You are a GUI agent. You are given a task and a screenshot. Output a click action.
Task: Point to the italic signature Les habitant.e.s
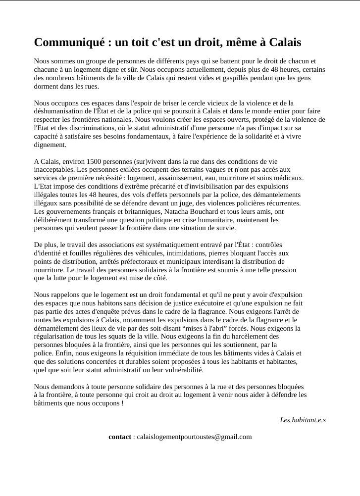coord(303,420)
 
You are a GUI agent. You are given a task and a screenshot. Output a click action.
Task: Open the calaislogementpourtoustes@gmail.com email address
coord(194,437)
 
